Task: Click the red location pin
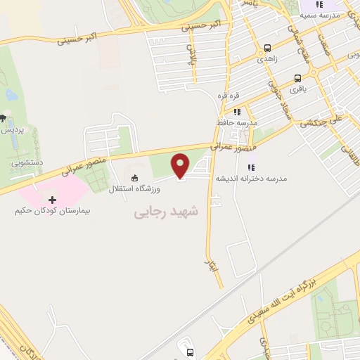pos(181,166)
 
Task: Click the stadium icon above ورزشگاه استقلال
pos(135,176)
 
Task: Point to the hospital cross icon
pos(52,200)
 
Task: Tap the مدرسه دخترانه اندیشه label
pos(251,179)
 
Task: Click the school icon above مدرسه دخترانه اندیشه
pos(251,166)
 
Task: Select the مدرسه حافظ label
pos(237,122)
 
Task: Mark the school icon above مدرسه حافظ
pos(237,110)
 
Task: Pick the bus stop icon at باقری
pos(297,79)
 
